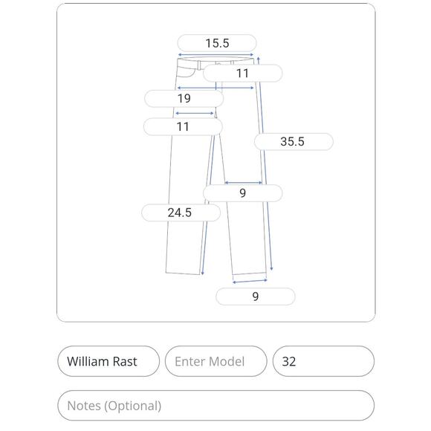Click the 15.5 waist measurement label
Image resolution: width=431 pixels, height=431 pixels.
[x=217, y=43]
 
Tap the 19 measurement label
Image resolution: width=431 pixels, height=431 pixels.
[x=184, y=98]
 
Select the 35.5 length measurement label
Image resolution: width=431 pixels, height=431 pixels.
[x=294, y=141]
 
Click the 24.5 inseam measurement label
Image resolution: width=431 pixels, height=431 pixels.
[x=181, y=213]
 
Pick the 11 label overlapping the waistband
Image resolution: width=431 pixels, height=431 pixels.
[x=242, y=74]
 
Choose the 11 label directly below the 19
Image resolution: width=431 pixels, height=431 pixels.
[x=183, y=127]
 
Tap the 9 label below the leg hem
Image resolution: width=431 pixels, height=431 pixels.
[x=256, y=296]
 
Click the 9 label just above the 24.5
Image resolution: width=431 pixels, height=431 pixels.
[x=242, y=193]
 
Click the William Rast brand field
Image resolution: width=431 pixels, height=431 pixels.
[x=108, y=361]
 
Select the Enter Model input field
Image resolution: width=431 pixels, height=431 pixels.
[x=215, y=361]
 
